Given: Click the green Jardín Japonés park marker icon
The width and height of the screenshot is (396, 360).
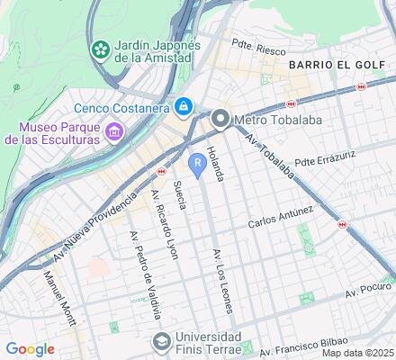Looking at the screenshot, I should [x=101, y=47].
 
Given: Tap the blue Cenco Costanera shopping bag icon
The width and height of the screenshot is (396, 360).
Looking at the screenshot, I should [x=184, y=106].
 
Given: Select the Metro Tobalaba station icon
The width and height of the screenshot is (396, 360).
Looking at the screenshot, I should [x=220, y=119].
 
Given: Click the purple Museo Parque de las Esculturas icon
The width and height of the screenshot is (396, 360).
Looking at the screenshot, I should [x=113, y=134].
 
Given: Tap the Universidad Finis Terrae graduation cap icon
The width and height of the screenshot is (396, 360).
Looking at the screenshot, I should [x=161, y=341].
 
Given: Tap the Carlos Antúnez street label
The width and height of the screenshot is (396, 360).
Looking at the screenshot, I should [x=282, y=216].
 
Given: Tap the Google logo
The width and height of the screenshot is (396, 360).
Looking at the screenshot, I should [x=30, y=348].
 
